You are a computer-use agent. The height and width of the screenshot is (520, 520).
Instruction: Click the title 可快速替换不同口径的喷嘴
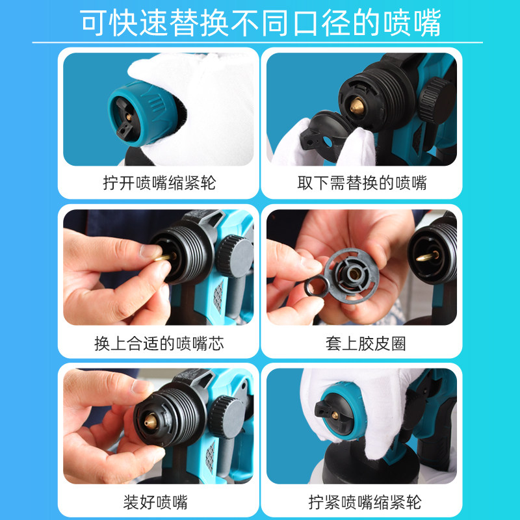tap(260, 23)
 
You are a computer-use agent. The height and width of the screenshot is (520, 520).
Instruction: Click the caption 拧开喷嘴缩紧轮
tap(159, 183)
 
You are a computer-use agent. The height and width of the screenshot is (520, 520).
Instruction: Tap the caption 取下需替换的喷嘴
tap(362, 183)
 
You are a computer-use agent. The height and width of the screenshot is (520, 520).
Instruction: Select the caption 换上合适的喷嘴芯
tap(159, 343)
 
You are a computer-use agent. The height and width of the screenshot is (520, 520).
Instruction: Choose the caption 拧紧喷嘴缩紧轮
tap(365, 502)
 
